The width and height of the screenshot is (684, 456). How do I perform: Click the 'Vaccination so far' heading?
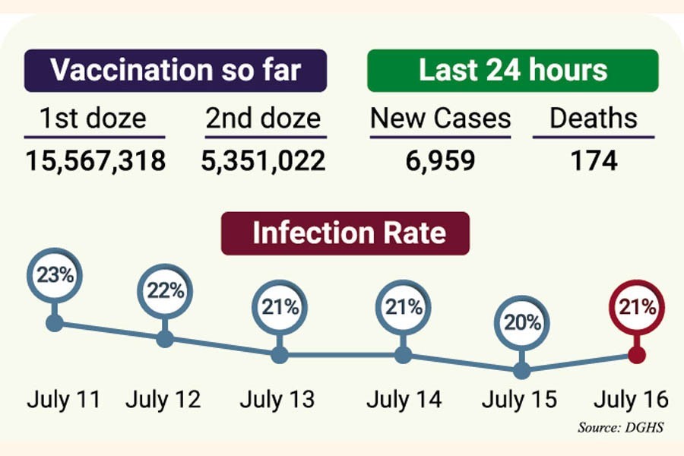175,70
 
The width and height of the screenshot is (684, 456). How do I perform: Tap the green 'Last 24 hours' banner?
513,70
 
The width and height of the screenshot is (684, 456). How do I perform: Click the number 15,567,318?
96,160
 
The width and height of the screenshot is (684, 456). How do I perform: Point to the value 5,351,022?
264,160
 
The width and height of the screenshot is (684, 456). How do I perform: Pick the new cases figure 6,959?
440,160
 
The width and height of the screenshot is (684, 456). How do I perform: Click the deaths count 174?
594,160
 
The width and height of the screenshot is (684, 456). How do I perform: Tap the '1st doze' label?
92,119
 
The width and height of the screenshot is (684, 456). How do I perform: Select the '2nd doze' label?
263,119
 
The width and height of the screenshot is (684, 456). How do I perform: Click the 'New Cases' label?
440,119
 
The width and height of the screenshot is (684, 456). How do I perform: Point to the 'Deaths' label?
594,119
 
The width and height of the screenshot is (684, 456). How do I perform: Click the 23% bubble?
54,276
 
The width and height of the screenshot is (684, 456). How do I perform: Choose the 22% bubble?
165,291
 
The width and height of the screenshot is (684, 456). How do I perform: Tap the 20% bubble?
521,322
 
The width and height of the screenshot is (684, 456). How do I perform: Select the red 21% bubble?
637,307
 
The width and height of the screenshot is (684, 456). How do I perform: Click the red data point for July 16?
637,354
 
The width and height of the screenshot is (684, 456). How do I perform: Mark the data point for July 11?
54,323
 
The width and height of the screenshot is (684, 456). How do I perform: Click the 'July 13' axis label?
277,399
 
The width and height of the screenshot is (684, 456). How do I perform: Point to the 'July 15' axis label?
520,399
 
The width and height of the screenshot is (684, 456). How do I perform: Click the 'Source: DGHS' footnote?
620,428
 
